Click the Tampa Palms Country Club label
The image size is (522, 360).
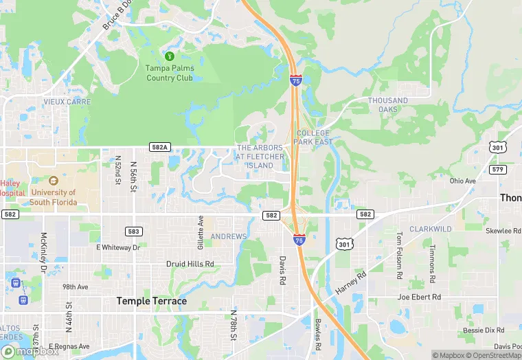(x=170, y=73)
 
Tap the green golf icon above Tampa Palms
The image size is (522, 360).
(x=169, y=56)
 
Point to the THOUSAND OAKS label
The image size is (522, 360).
(x=388, y=104)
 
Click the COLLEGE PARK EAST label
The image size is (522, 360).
(x=313, y=137)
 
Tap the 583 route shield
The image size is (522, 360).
(x=135, y=232)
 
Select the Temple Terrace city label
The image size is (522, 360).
(x=151, y=301)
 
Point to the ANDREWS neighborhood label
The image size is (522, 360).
(x=228, y=237)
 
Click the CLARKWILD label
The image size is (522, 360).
(x=430, y=228)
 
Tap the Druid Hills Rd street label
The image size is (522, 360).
(x=190, y=264)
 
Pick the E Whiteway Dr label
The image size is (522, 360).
(x=118, y=247)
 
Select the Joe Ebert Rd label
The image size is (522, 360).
(x=420, y=297)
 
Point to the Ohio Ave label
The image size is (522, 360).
(x=462, y=181)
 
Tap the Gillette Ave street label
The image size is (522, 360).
(x=201, y=233)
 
